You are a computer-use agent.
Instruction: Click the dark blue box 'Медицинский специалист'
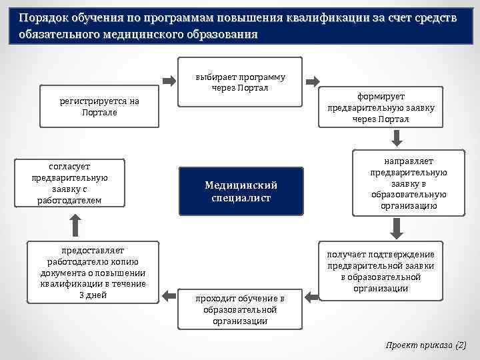coord(241,191)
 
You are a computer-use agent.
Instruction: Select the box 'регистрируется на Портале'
coord(99,107)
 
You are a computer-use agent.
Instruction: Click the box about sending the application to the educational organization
coord(409,184)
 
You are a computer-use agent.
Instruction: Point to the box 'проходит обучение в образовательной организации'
coord(240,309)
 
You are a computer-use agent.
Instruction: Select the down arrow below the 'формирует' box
coord(396,137)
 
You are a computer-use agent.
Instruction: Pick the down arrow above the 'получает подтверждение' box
coord(396,229)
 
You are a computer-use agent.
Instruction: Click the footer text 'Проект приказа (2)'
coord(427,345)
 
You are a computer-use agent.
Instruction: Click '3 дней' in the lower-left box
coord(93,295)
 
